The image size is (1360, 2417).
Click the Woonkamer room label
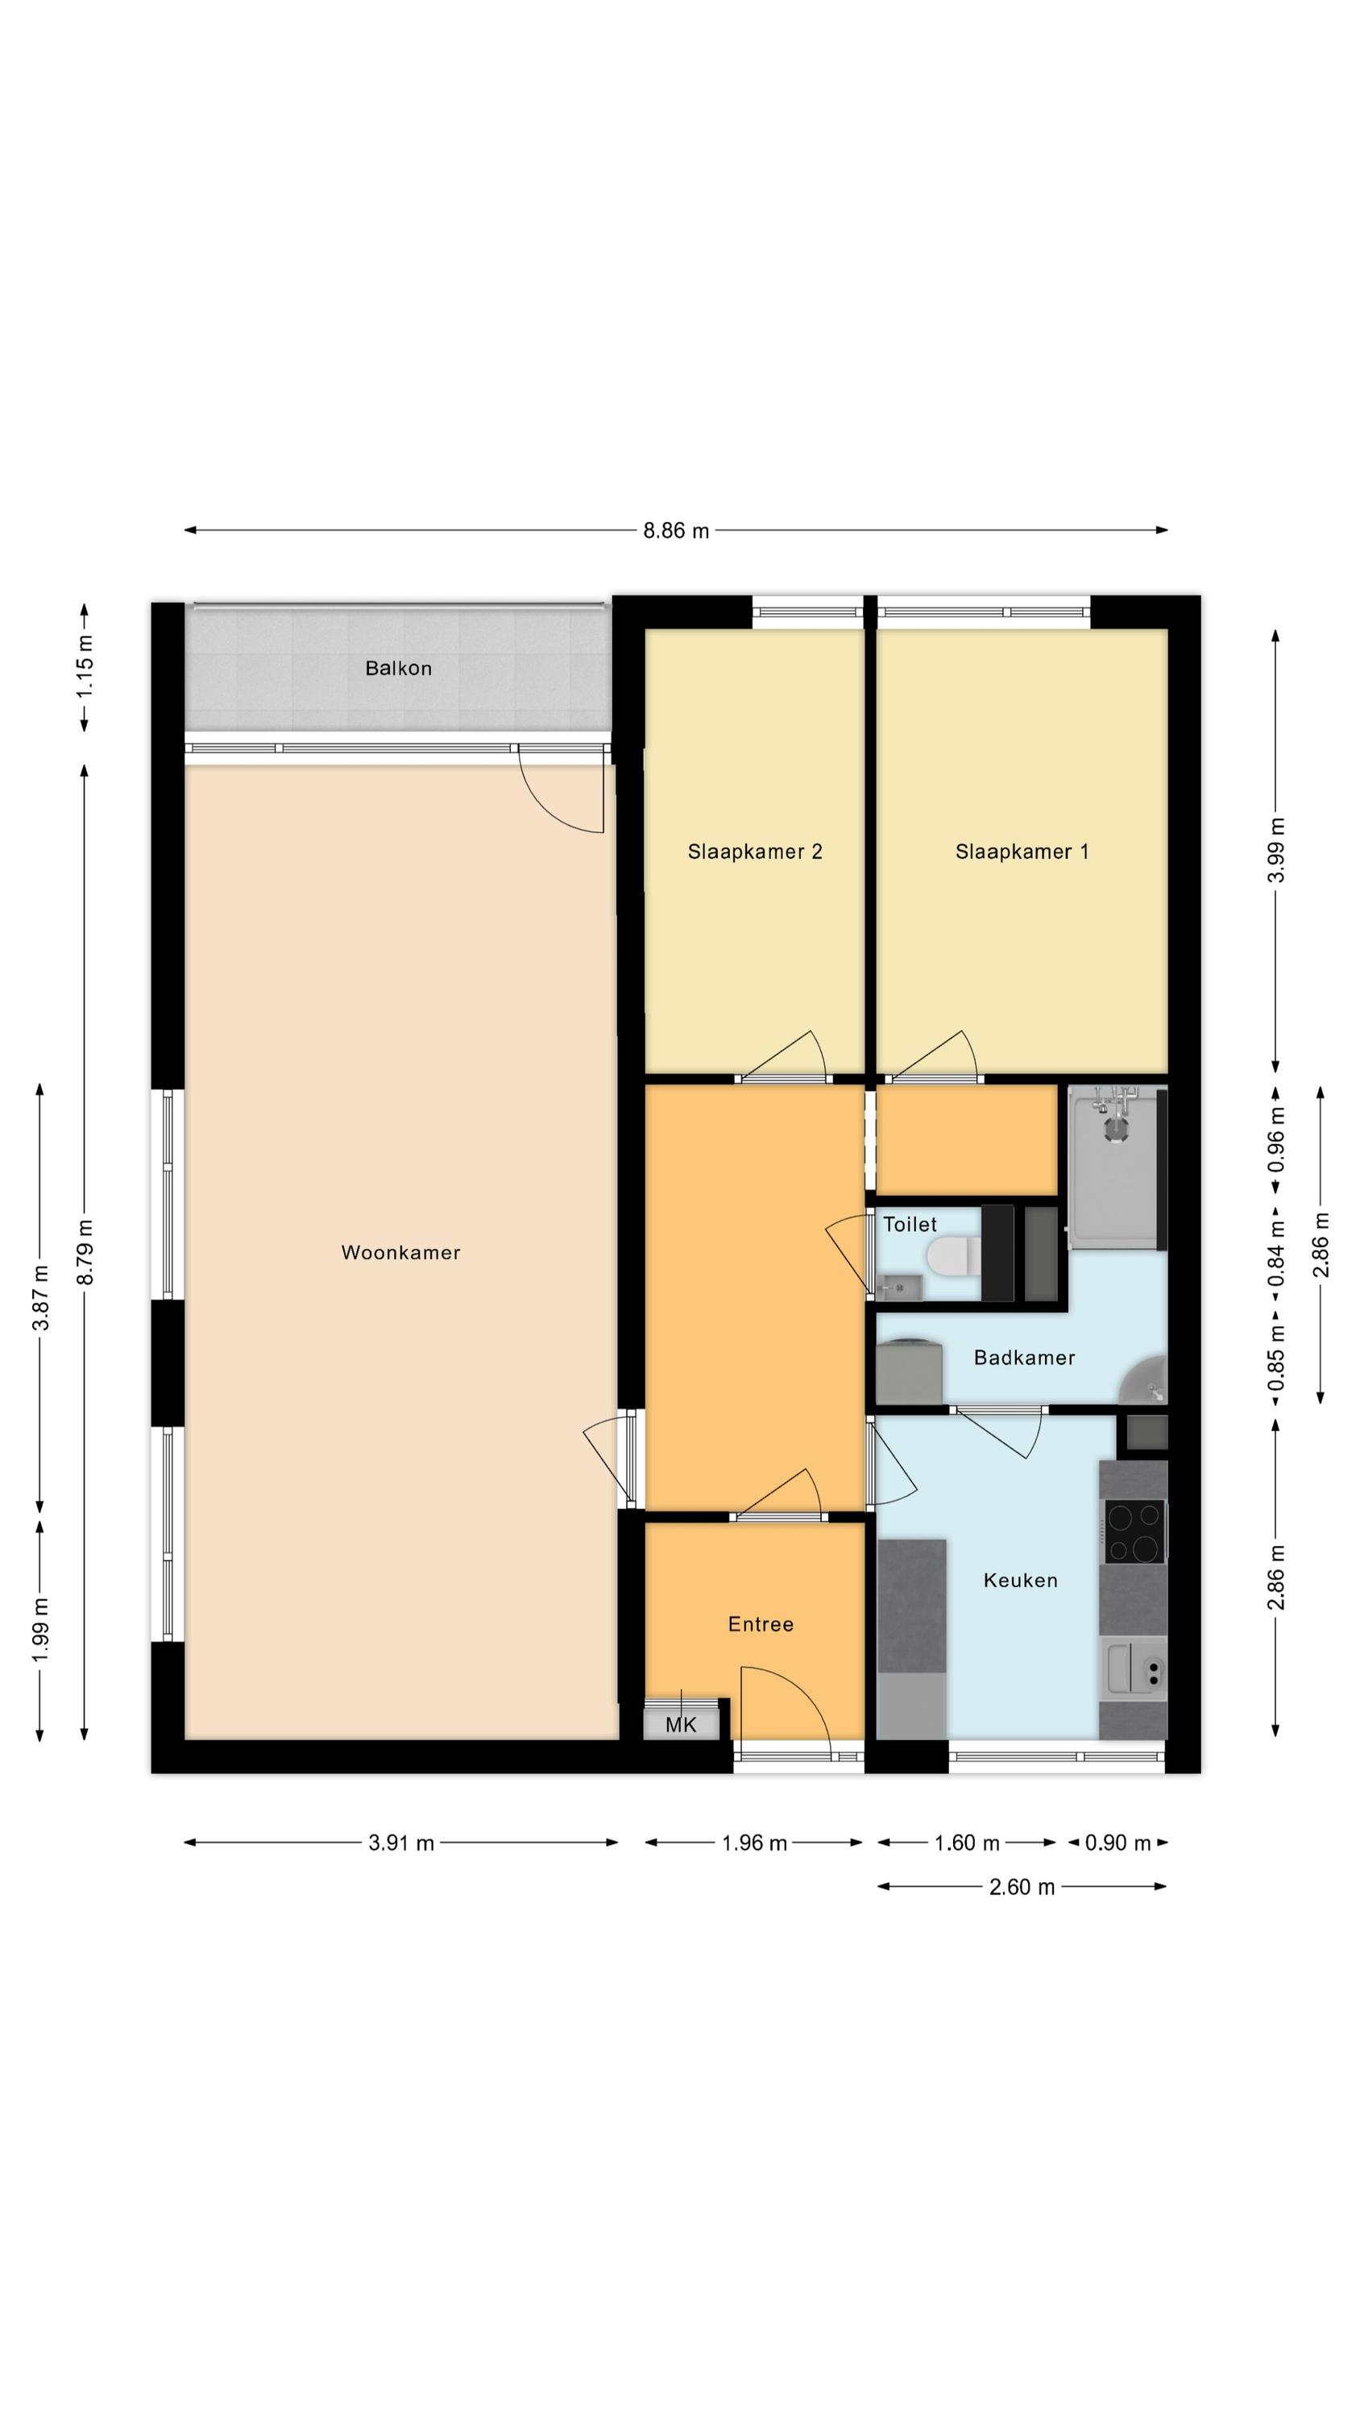point(400,1253)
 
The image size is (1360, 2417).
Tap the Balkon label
point(399,668)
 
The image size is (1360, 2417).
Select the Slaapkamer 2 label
point(755,852)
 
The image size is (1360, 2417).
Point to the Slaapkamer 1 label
point(1022,852)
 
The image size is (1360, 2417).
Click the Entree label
point(761,1624)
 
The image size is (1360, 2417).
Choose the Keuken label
point(1021,1580)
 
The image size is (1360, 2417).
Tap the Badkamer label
point(1024,1358)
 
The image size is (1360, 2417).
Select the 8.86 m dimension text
point(676,531)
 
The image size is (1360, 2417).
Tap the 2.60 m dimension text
point(1022,1887)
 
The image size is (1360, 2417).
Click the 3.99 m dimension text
point(1276,850)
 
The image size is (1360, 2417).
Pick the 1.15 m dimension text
point(85,665)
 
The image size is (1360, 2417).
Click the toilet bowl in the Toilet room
point(952,1255)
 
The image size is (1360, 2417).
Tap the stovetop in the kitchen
point(1134,1532)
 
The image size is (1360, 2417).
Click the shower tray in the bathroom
point(1113,1167)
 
